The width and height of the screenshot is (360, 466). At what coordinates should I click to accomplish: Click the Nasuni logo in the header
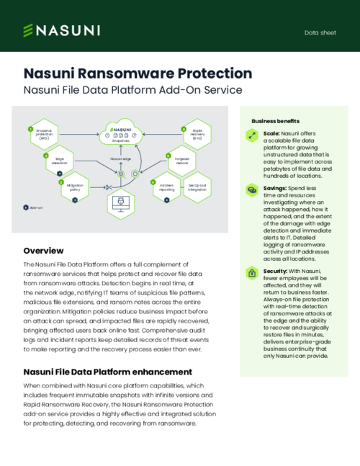(x=61, y=30)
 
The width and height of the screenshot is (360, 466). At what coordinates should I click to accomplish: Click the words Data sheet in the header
(x=320, y=32)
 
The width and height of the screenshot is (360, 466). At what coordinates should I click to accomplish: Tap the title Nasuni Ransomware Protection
(x=138, y=73)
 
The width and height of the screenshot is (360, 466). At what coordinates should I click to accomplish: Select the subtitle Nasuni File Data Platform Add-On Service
(x=132, y=91)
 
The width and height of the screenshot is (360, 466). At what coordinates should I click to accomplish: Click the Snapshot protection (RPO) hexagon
(x=47, y=134)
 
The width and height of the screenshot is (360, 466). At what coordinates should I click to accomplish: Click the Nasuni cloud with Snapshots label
(x=120, y=132)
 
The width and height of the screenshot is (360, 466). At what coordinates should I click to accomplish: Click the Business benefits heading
(x=275, y=121)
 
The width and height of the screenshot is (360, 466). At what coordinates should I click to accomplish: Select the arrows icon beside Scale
(x=252, y=135)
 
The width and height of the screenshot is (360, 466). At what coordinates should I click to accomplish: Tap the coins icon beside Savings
(x=252, y=190)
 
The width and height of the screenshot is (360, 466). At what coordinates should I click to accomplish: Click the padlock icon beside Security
(x=252, y=273)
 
